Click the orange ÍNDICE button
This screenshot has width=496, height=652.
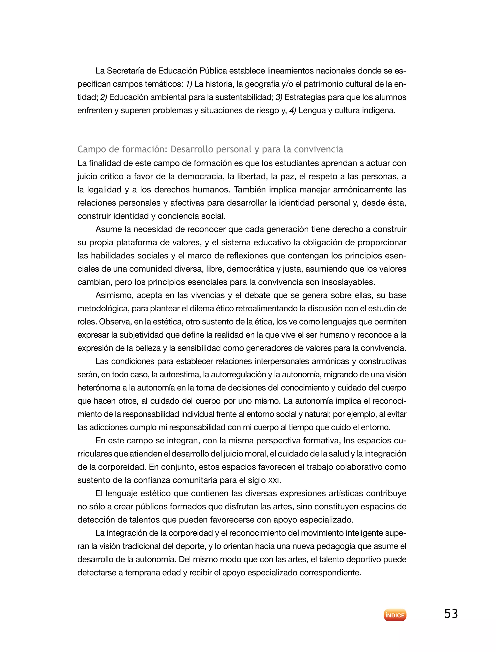pos(395,615)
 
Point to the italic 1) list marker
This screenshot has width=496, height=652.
pos(189,84)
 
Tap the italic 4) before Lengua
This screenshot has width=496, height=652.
pos(293,110)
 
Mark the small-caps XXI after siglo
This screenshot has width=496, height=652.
pos(273,480)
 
